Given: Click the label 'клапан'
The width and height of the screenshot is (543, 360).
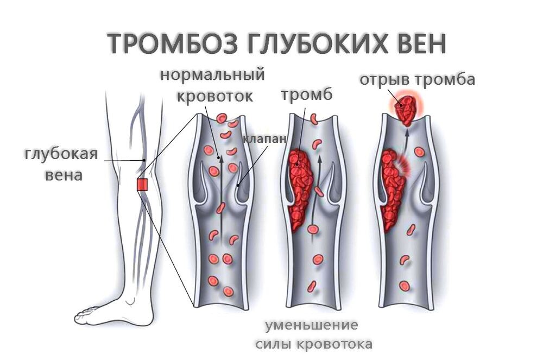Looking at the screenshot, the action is (264, 139).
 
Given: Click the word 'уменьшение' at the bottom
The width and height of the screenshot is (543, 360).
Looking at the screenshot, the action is (312, 325).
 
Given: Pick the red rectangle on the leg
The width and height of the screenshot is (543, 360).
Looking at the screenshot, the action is (142, 185).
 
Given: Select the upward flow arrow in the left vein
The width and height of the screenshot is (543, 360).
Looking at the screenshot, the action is (221, 185).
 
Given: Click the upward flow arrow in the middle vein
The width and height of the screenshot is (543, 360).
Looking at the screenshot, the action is (319, 185).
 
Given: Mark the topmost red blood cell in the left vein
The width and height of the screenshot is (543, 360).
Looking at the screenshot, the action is (221, 118).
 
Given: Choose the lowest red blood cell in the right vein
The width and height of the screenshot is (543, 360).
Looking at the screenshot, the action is (404, 285).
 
